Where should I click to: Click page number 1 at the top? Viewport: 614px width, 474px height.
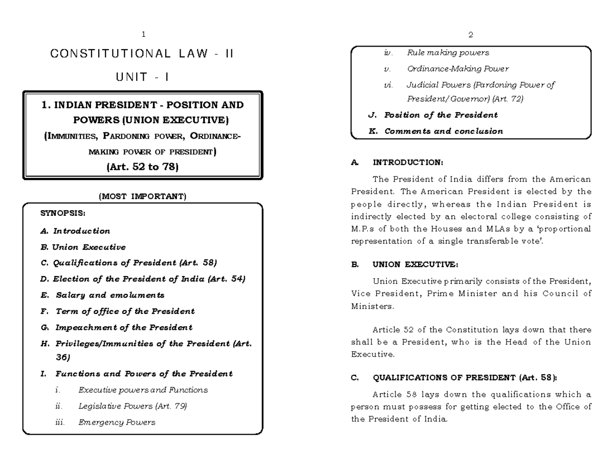point(143,35)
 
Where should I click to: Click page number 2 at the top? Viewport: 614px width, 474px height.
point(470,35)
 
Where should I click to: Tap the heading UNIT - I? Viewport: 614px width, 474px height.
point(143,78)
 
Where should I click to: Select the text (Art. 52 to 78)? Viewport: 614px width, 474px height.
point(143,167)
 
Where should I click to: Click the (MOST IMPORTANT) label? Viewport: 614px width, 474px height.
point(143,196)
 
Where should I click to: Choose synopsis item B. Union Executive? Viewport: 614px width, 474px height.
point(83,247)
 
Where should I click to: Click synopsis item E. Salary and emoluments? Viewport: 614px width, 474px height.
point(102,295)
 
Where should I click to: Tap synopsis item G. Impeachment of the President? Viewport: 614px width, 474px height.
point(116,327)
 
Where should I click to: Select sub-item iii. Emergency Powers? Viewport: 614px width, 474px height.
point(105,422)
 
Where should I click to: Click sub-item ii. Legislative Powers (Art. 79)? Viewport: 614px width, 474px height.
point(121,406)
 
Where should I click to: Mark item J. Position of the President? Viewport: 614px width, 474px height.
point(433,115)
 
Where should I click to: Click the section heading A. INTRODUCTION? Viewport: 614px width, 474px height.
point(397,163)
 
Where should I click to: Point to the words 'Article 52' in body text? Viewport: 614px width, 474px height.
point(392,330)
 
